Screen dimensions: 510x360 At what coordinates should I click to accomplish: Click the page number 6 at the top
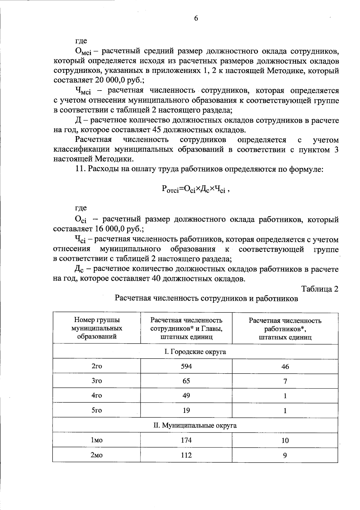[x=196, y=19]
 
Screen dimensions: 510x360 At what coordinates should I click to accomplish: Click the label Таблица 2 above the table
[x=320, y=289]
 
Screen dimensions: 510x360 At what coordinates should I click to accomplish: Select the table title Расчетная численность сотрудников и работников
[x=206, y=299]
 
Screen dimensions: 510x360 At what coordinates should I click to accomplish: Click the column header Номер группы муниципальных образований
[x=97, y=328]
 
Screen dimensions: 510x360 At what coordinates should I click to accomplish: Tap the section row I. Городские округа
[x=195, y=352]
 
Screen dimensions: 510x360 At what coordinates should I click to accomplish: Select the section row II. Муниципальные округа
[x=195, y=425]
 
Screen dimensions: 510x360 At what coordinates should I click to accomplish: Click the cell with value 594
[x=186, y=366]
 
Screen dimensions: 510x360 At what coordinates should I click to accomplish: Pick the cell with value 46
[x=285, y=366]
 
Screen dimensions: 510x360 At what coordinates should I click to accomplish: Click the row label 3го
[x=97, y=381]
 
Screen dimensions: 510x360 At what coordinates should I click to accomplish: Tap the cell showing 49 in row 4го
[x=186, y=396]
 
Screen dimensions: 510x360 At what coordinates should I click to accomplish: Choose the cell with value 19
[x=186, y=410]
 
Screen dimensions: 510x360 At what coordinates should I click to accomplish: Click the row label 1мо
[x=97, y=440]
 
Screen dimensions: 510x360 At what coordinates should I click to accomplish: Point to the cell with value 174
[x=186, y=440]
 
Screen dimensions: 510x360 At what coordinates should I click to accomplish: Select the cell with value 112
[x=186, y=455]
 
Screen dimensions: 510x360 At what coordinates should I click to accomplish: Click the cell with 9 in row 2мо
[x=285, y=455]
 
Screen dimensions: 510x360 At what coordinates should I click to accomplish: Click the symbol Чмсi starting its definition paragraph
[x=83, y=91]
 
